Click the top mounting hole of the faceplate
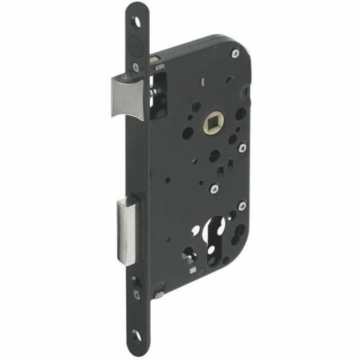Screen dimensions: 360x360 point(137,22)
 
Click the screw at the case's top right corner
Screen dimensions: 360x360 point(235,53)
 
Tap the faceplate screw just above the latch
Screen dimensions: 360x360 point(136,66)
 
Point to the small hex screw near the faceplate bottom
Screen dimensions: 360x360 point(136,295)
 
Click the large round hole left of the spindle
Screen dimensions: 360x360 point(188,133)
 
